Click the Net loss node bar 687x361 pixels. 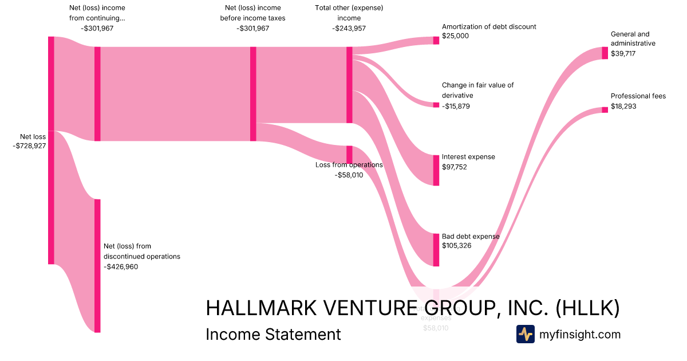tap(51, 150)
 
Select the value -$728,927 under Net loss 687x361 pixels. tap(29, 146)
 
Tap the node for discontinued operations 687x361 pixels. tap(97, 265)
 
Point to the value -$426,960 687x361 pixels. tap(121, 266)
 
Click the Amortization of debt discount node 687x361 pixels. tap(436, 40)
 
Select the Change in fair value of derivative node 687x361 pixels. tap(436, 105)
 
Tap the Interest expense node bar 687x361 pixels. tap(436, 170)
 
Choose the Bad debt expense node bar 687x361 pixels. tap(436, 249)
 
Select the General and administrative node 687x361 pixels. tap(605, 53)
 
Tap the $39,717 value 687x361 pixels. tap(623, 53)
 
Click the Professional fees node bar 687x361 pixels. tap(605, 109)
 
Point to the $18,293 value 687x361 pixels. tap(623, 107)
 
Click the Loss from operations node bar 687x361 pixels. tap(349, 154)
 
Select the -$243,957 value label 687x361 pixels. tap(349, 29)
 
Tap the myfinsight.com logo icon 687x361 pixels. tap(525, 334)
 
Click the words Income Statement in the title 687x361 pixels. tap(273, 334)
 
